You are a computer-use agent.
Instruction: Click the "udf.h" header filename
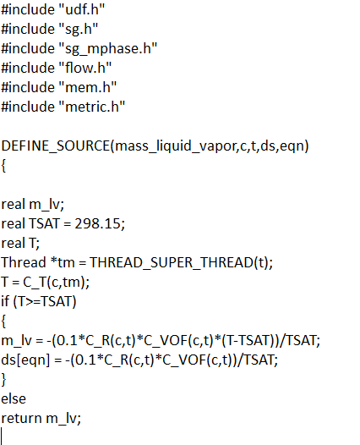click(82, 9)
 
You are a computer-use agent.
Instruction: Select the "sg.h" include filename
click(79, 30)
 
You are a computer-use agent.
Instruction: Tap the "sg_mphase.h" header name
click(108, 49)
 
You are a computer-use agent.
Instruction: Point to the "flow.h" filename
click(85, 68)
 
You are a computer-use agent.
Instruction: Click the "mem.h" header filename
click(88, 87)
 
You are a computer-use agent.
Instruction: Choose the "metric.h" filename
click(92, 107)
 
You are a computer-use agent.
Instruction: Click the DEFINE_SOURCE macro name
click(56, 146)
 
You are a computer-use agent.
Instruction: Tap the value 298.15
click(98, 223)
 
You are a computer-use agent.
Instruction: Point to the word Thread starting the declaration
click(24, 262)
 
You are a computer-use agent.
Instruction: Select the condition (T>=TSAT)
click(45, 302)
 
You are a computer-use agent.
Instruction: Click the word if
click(5, 301)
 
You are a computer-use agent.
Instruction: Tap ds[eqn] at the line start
click(25, 360)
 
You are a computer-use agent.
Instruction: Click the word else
click(14, 398)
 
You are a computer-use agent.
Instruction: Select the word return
click(21, 418)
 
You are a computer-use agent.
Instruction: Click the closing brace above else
click(3, 380)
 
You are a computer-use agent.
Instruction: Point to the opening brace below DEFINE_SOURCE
click(3, 166)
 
